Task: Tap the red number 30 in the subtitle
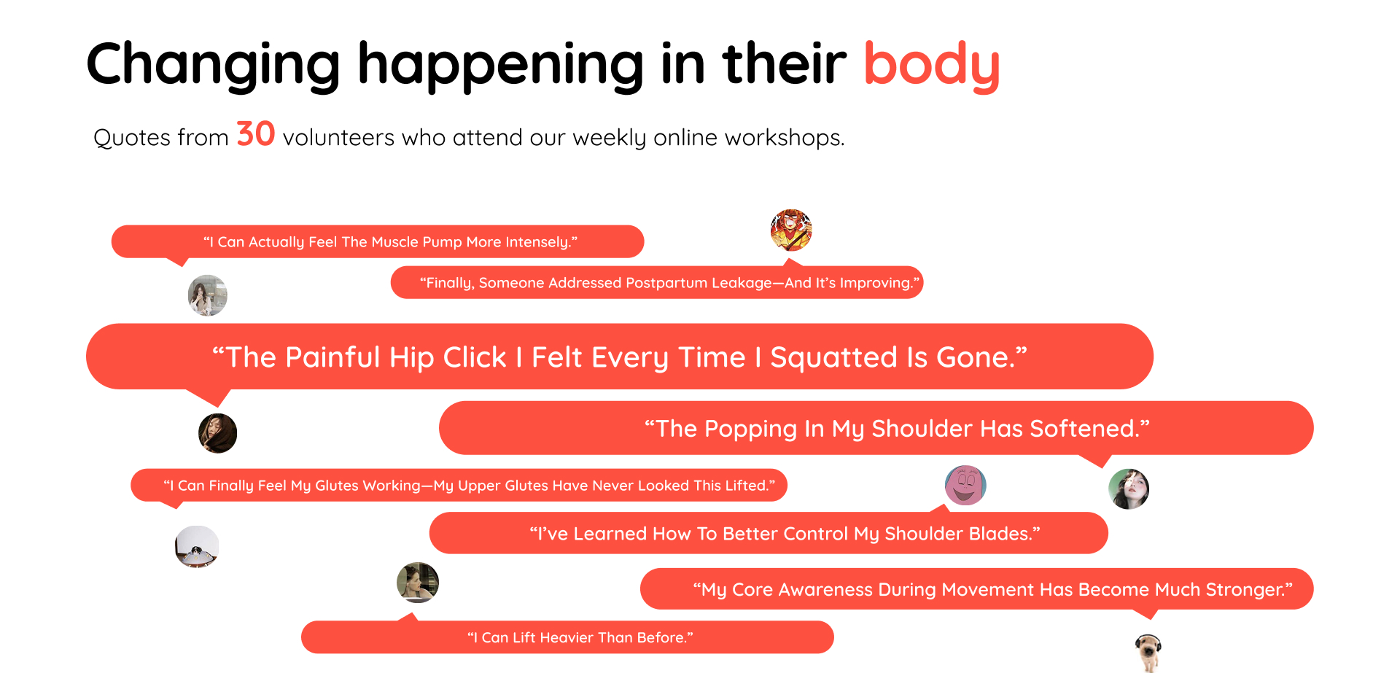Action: [x=255, y=134]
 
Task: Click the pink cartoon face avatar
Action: [x=965, y=485]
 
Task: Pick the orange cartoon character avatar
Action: [x=791, y=230]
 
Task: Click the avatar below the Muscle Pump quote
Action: [x=208, y=295]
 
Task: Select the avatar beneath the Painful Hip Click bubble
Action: [x=218, y=433]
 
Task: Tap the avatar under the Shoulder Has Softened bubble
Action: [x=1129, y=489]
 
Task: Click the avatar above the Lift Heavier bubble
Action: [x=418, y=583]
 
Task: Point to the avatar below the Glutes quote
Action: [x=197, y=547]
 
